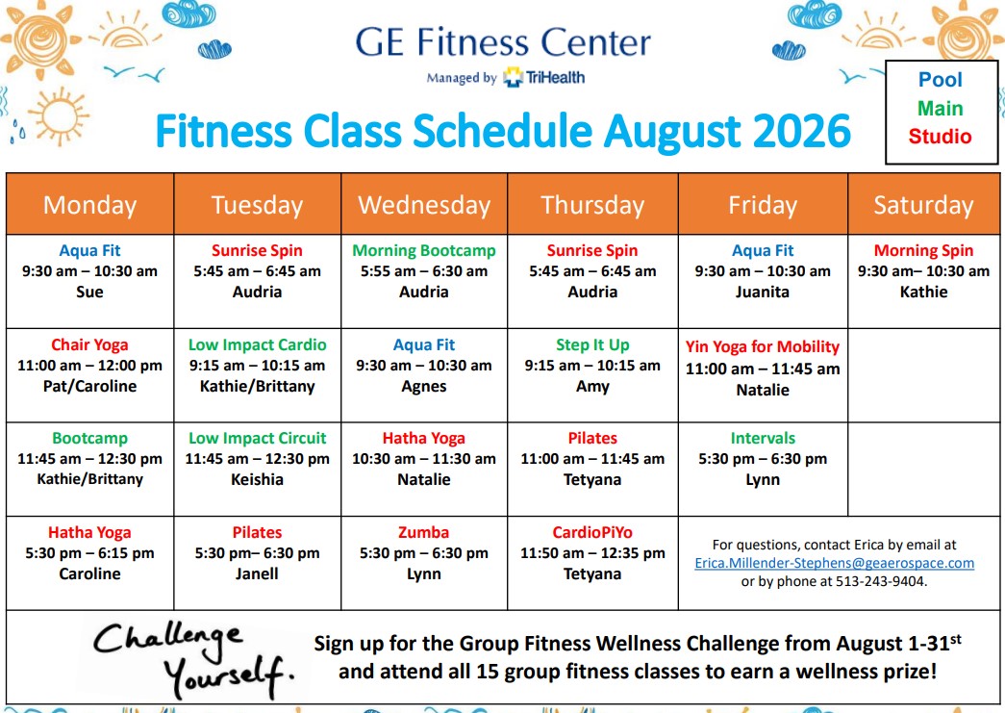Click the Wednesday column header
point(424,205)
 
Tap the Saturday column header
point(923,205)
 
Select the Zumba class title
point(424,532)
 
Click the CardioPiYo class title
point(592,532)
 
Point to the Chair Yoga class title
point(89,345)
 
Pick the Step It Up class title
point(592,345)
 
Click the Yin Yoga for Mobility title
point(762,347)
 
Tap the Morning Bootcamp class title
point(424,251)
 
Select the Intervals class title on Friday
point(763,439)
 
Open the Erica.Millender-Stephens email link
point(834,563)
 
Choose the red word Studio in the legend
point(940,137)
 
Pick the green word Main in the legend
point(940,109)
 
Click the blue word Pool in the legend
point(940,80)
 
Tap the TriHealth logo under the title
point(543,78)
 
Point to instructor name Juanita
point(762,293)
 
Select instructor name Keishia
point(257,479)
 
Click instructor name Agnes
point(424,387)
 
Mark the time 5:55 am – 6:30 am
point(424,271)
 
